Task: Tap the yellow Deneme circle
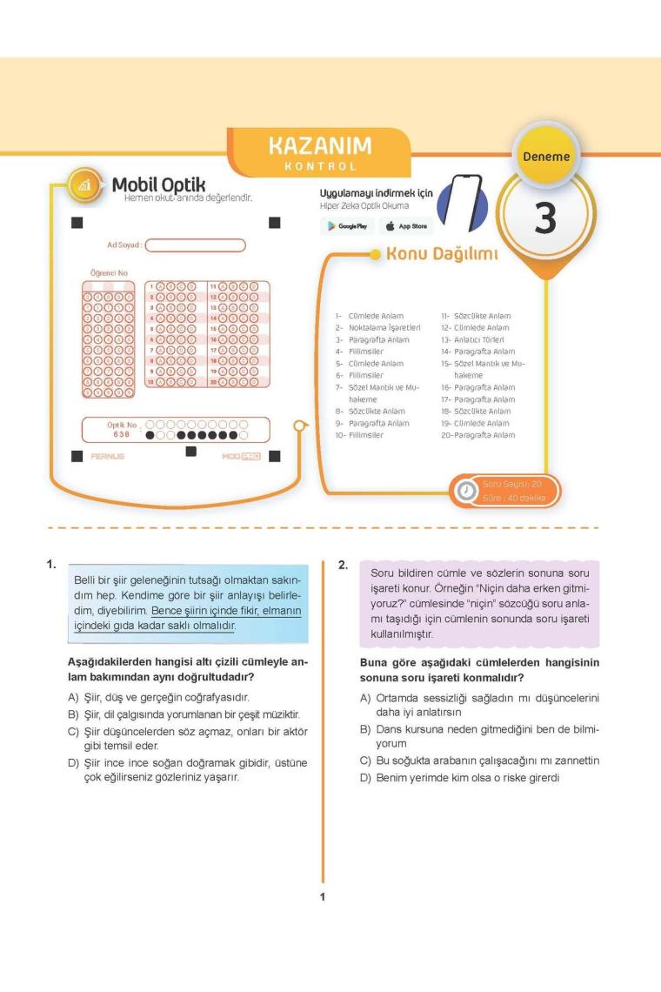pos(546,157)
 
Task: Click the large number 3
pos(544,218)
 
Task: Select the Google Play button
pos(346,226)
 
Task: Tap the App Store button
pos(406,226)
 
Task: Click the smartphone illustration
pos(460,203)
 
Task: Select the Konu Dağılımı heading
pos(442,255)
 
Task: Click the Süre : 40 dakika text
pos(514,498)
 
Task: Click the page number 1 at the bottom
pos(323,896)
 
